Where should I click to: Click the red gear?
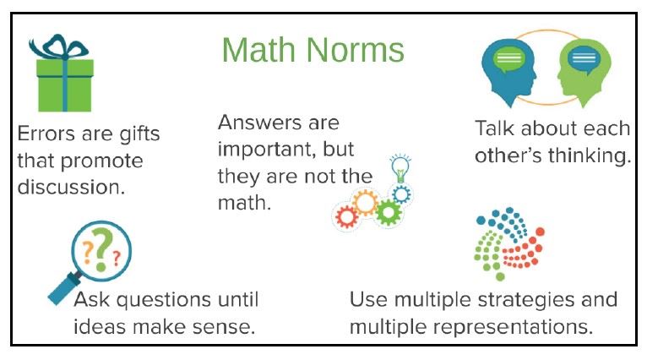[346, 215]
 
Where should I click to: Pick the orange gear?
[365, 202]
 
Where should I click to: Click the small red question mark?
[116, 254]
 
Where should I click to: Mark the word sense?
[229, 325]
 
